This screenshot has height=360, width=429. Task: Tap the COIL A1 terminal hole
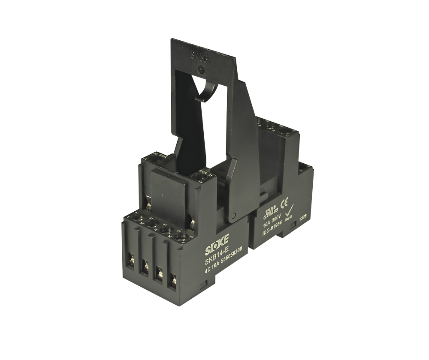click(198, 176)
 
